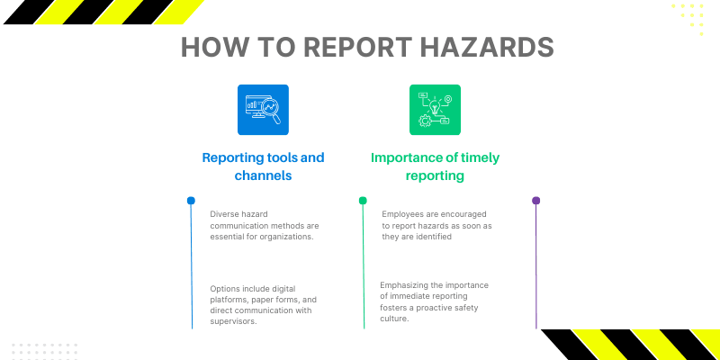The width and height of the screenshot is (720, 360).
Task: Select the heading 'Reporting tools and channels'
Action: (263, 166)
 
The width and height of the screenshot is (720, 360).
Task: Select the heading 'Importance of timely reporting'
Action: (435, 166)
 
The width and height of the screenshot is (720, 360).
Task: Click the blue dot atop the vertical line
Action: (191, 201)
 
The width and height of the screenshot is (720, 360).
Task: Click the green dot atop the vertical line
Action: (363, 201)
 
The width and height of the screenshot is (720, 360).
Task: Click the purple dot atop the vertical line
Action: (536, 201)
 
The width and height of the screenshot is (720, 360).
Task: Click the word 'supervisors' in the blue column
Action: (235, 321)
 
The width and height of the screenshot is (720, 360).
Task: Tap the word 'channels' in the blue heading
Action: (263, 176)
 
